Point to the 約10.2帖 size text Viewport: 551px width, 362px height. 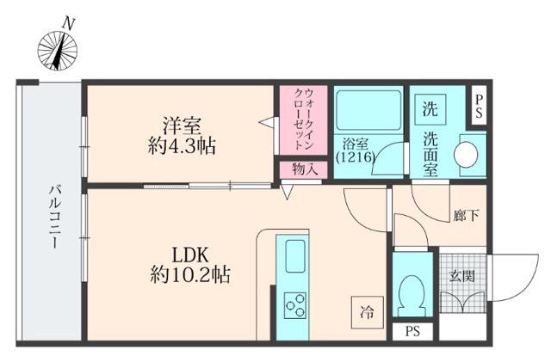click(x=192, y=277)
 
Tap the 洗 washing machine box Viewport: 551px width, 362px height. click(x=429, y=109)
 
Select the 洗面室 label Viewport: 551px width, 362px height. click(x=430, y=152)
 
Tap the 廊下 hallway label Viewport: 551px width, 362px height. click(x=467, y=216)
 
